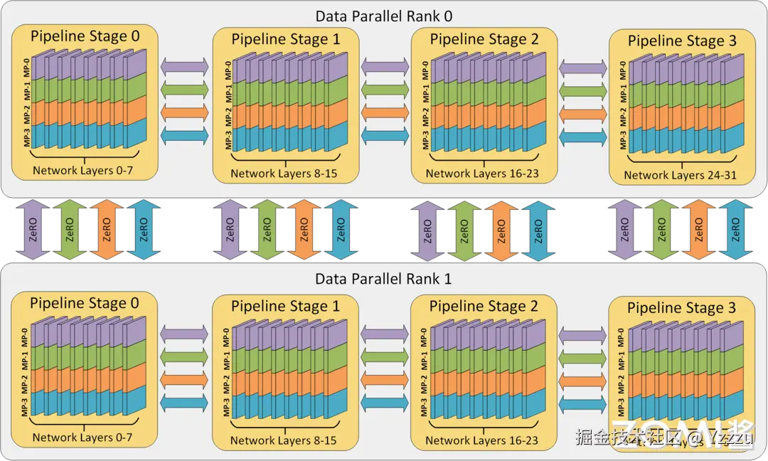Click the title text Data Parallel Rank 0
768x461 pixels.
point(384,15)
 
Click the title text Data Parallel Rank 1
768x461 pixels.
point(384,278)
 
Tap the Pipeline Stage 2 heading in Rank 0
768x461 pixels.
point(484,39)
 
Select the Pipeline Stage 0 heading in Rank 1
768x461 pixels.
point(85,304)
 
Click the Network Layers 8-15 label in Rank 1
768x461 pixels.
point(283,440)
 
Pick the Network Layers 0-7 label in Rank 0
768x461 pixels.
point(82,171)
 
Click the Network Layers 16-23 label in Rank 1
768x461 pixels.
point(481,440)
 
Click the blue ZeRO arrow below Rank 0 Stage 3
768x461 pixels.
point(735,230)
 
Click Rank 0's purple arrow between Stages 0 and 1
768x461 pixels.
point(185,65)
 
